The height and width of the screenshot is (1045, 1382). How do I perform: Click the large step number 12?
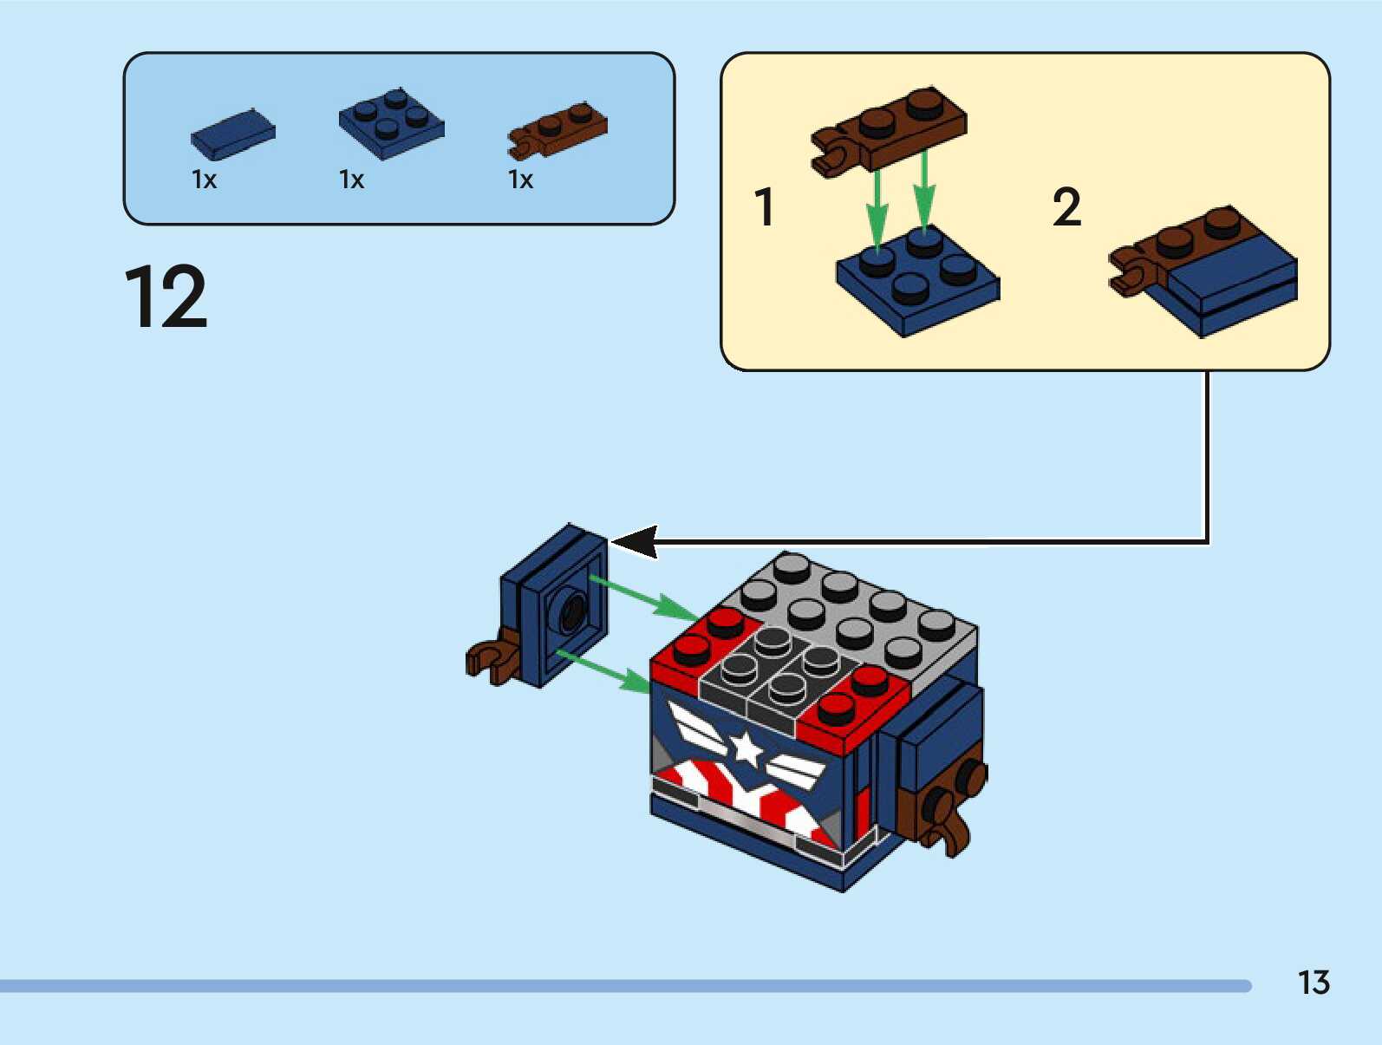pos(166,297)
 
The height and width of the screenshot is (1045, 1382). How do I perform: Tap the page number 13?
pos(1313,983)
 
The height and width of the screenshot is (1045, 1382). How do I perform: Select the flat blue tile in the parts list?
pos(232,134)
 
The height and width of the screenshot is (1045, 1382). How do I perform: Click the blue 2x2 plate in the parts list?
pos(391,123)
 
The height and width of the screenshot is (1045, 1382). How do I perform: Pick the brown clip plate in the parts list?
pos(557,133)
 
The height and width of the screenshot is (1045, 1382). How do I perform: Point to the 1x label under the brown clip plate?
pos(520,180)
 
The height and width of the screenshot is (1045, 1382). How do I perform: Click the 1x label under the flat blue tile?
pos(204,180)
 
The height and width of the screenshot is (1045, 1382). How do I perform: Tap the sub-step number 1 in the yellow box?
pos(763,208)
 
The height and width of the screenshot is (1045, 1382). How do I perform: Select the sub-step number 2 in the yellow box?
pos(1066,208)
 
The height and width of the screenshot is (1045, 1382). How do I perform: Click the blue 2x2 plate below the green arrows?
pos(917,278)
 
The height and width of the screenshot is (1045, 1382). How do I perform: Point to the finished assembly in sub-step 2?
pos(1205,269)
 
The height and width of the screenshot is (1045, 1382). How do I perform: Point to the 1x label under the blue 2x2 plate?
pos(351,180)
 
